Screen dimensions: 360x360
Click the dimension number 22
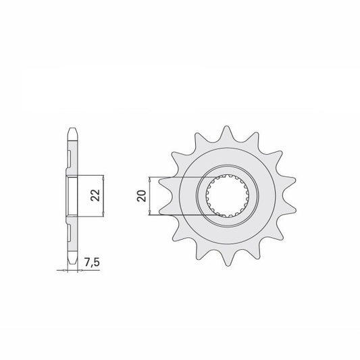pyautogui.click(x=95, y=195)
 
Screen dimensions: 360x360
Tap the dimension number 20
pyautogui.click(x=141, y=196)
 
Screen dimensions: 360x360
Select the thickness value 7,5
pyautogui.click(x=92, y=263)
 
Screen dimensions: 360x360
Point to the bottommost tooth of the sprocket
pyautogui.click(x=227, y=258)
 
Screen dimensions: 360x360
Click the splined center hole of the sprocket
pyautogui.click(x=227, y=196)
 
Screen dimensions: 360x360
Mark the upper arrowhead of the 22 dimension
pyautogui.click(x=103, y=178)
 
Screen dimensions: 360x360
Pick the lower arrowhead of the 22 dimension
pyautogui.click(x=103, y=213)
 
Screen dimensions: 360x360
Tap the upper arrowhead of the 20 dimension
pyautogui.click(x=150, y=180)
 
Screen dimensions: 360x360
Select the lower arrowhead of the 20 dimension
pyautogui.click(x=150, y=212)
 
